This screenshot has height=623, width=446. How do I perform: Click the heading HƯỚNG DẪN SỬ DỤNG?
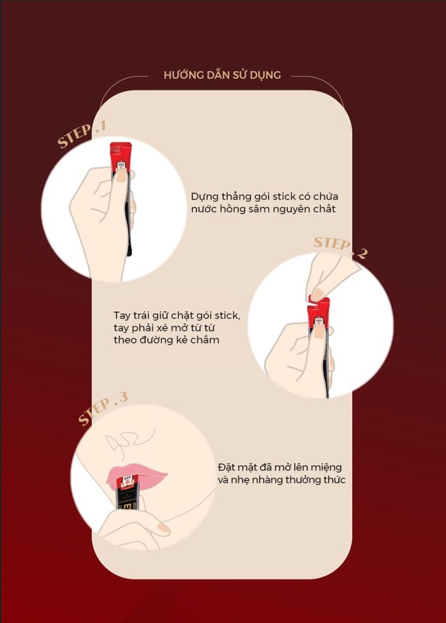point(222,75)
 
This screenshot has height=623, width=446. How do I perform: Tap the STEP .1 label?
point(82,134)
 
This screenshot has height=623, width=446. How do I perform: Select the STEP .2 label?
point(341,248)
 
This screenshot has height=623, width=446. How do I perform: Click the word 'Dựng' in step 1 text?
point(204,197)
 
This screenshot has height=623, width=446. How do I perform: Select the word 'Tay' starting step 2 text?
point(122,316)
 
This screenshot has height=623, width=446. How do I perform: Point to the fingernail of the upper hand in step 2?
point(317,295)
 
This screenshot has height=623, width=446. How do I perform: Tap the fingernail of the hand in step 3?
point(163,528)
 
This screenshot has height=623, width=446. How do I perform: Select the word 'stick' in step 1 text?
point(282,197)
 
